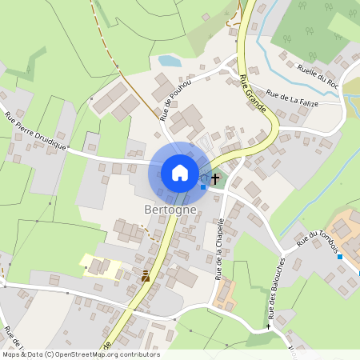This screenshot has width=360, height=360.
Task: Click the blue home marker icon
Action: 180,173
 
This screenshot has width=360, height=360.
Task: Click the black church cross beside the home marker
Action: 215,178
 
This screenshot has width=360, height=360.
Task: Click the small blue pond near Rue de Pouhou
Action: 169,61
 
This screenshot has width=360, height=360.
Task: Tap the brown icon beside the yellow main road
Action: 146,276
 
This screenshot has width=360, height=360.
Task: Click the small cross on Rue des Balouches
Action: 269,326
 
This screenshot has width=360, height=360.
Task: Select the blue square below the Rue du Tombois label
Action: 340,257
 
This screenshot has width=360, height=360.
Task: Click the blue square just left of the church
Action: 203,187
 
